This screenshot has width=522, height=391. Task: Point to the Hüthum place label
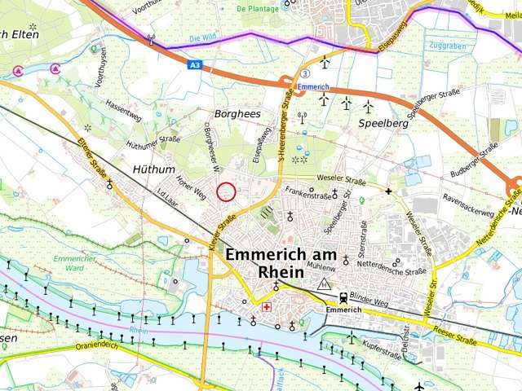153,169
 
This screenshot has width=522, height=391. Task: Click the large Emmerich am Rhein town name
279,262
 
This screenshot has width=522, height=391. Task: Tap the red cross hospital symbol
267,307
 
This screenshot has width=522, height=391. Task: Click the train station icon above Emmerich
343,297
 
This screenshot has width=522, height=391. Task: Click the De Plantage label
252,9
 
